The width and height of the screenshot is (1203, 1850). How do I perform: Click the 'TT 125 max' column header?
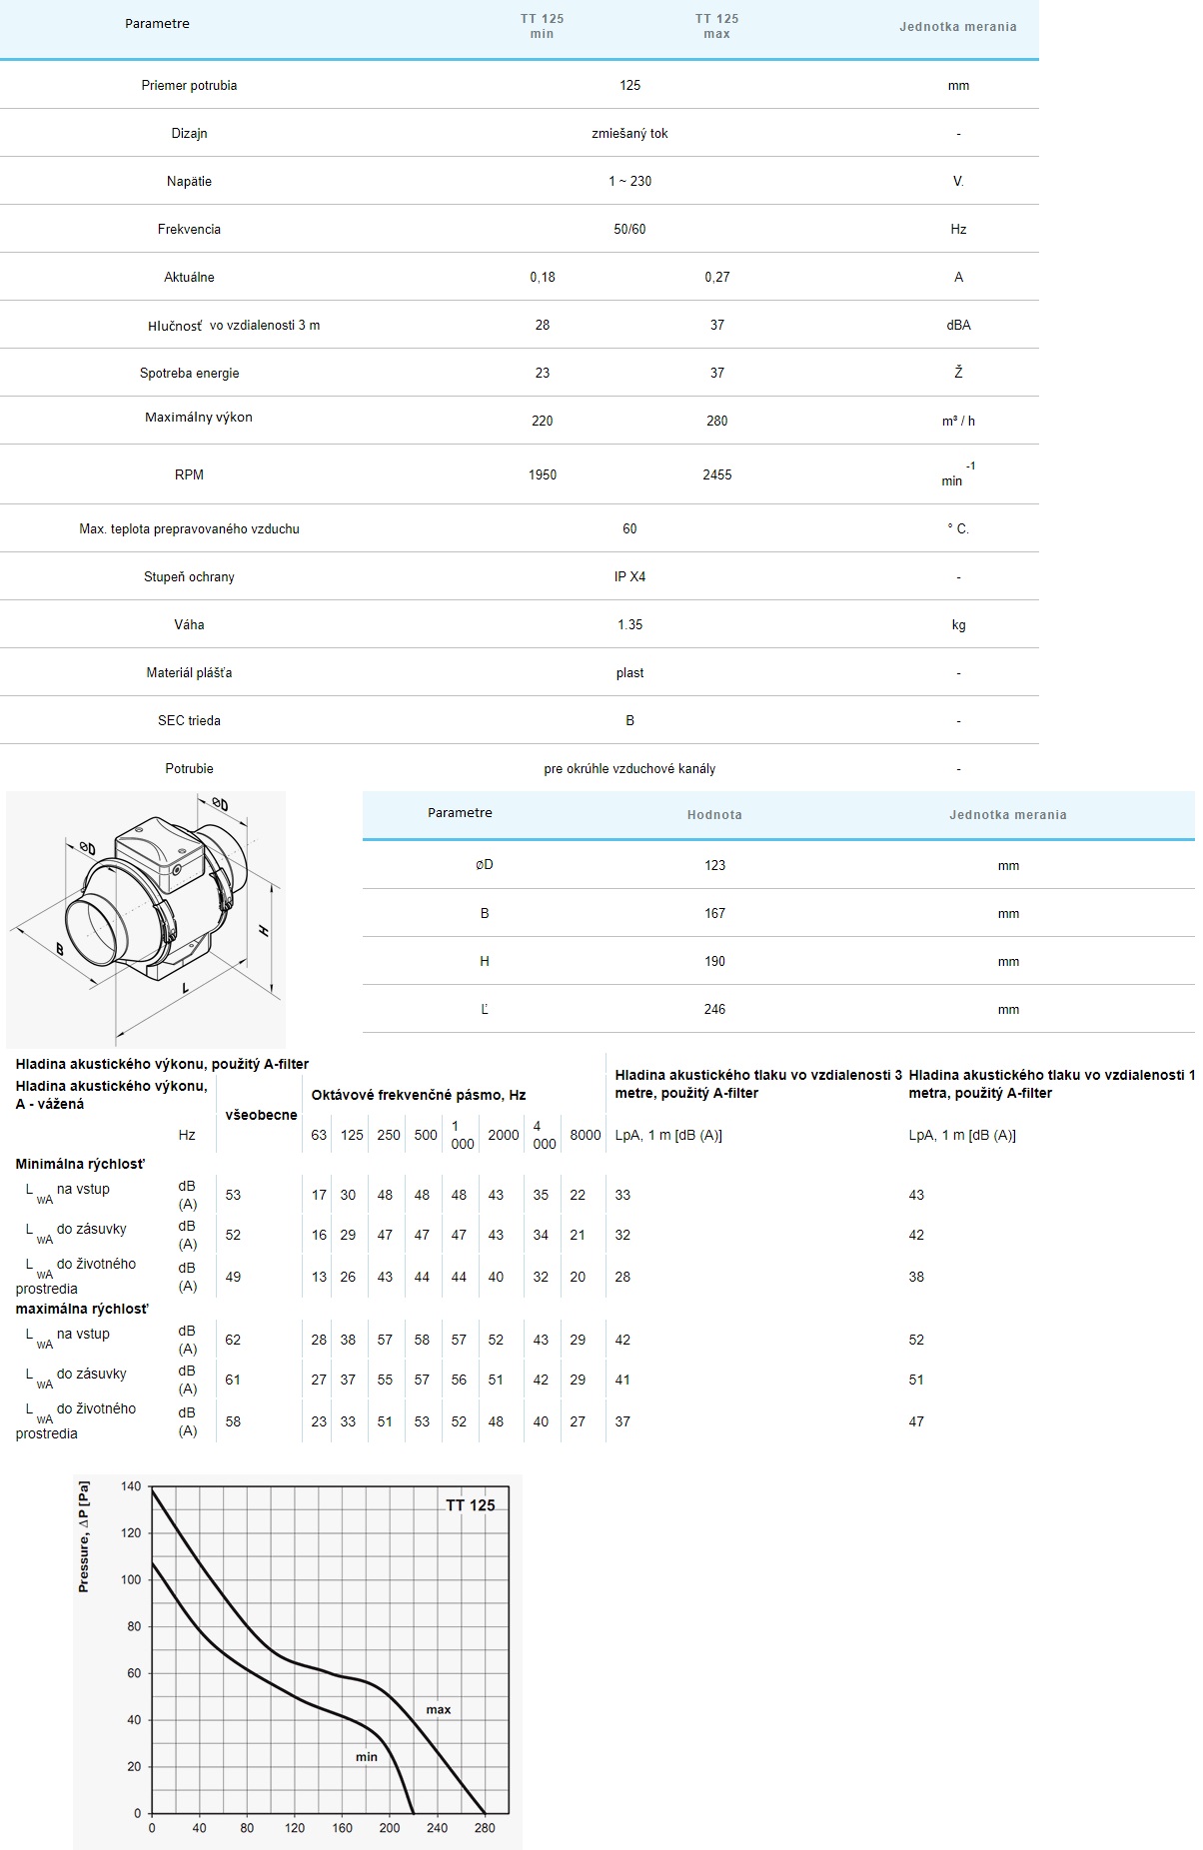[716, 26]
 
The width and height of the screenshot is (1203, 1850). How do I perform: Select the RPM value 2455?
[716, 474]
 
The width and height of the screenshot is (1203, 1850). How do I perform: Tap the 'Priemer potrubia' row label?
[189, 85]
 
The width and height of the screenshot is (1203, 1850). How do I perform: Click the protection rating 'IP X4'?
[629, 576]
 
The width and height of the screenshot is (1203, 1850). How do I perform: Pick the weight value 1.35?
[629, 624]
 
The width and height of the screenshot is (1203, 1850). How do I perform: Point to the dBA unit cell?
[958, 325]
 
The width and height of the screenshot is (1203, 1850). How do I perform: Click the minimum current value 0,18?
[542, 277]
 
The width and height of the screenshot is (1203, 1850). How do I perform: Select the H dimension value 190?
[714, 961]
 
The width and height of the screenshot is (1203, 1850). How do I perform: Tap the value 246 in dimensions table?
[714, 1009]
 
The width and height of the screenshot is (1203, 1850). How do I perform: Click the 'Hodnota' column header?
[714, 814]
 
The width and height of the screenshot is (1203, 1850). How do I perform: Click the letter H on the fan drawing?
[264, 930]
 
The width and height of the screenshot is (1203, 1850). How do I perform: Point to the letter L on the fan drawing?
[186, 988]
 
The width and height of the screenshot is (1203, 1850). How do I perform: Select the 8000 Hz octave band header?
[586, 1135]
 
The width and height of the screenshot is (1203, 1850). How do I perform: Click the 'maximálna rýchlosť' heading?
[82, 1309]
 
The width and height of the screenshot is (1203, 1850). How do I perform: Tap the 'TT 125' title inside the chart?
[470, 1505]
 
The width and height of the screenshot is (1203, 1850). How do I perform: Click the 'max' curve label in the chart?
[438, 1709]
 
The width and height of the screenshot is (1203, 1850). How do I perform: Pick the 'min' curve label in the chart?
[367, 1756]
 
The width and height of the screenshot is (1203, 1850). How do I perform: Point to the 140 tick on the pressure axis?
[131, 1486]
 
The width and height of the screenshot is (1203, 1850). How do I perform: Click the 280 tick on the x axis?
[485, 1828]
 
